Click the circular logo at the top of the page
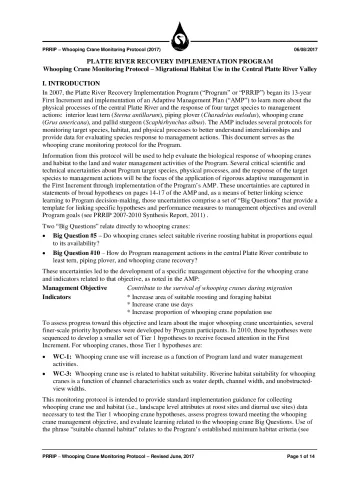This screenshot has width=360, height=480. pos(180,15)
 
